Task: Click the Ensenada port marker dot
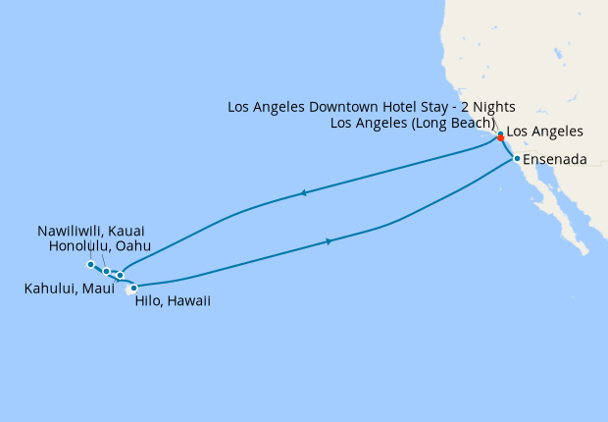pyautogui.click(x=517, y=158)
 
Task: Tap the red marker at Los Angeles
pyautogui.click(x=501, y=138)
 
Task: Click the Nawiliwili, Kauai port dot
pyautogui.click(x=90, y=264)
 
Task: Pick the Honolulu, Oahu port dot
pyautogui.click(x=106, y=271)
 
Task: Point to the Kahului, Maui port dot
pyautogui.click(x=120, y=276)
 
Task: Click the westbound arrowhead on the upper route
pyautogui.click(x=305, y=193)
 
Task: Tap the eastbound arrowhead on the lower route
pyautogui.click(x=329, y=240)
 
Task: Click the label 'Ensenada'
pyautogui.click(x=555, y=159)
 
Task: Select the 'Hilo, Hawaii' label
pyautogui.click(x=171, y=302)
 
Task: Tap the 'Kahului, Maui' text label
pyautogui.click(x=68, y=289)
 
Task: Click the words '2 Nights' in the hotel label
pyautogui.click(x=484, y=106)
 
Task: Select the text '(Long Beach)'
pyautogui.click(x=450, y=123)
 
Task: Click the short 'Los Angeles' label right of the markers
pyautogui.click(x=544, y=132)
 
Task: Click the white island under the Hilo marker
pyautogui.click(x=131, y=290)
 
